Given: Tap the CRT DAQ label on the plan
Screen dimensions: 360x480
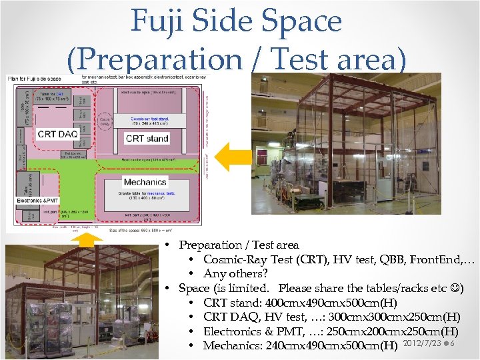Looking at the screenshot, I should tap(57, 134).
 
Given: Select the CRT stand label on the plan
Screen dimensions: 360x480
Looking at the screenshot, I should tap(147, 138).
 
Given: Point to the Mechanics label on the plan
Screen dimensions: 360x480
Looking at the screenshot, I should tap(144, 181).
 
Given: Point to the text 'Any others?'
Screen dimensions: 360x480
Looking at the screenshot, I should tap(235, 273).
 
